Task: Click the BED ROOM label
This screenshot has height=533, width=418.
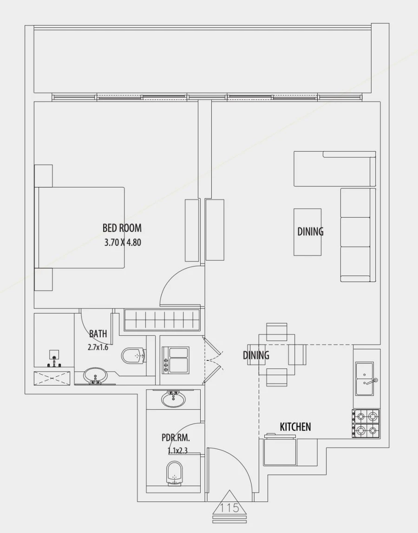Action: click(x=122, y=228)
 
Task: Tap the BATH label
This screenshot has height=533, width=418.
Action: click(x=98, y=334)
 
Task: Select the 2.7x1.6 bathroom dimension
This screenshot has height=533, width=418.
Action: click(x=98, y=347)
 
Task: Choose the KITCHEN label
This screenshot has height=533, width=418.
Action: click(x=295, y=427)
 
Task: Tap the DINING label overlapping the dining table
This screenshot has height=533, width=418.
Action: click(x=256, y=355)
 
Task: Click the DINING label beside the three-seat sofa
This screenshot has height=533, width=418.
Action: click(x=310, y=231)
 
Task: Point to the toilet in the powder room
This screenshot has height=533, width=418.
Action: click(x=174, y=473)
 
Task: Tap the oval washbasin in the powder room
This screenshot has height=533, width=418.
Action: click(x=173, y=398)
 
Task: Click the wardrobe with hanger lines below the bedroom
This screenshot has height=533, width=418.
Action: click(x=162, y=320)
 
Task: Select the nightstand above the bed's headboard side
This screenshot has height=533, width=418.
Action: click(x=43, y=175)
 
